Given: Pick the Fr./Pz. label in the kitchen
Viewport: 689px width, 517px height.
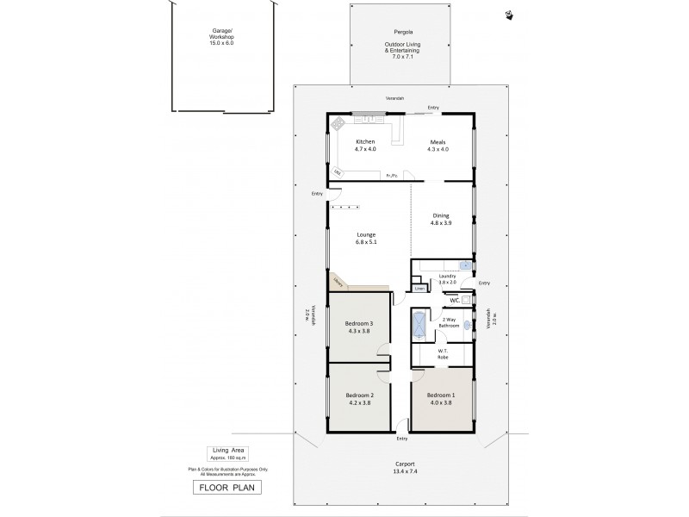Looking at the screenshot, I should [391, 176].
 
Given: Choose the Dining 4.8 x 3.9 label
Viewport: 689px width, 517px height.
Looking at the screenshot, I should [440, 220].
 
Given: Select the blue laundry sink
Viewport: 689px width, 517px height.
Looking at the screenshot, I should [464, 265].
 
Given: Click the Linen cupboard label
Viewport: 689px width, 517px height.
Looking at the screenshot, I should [419, 289].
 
